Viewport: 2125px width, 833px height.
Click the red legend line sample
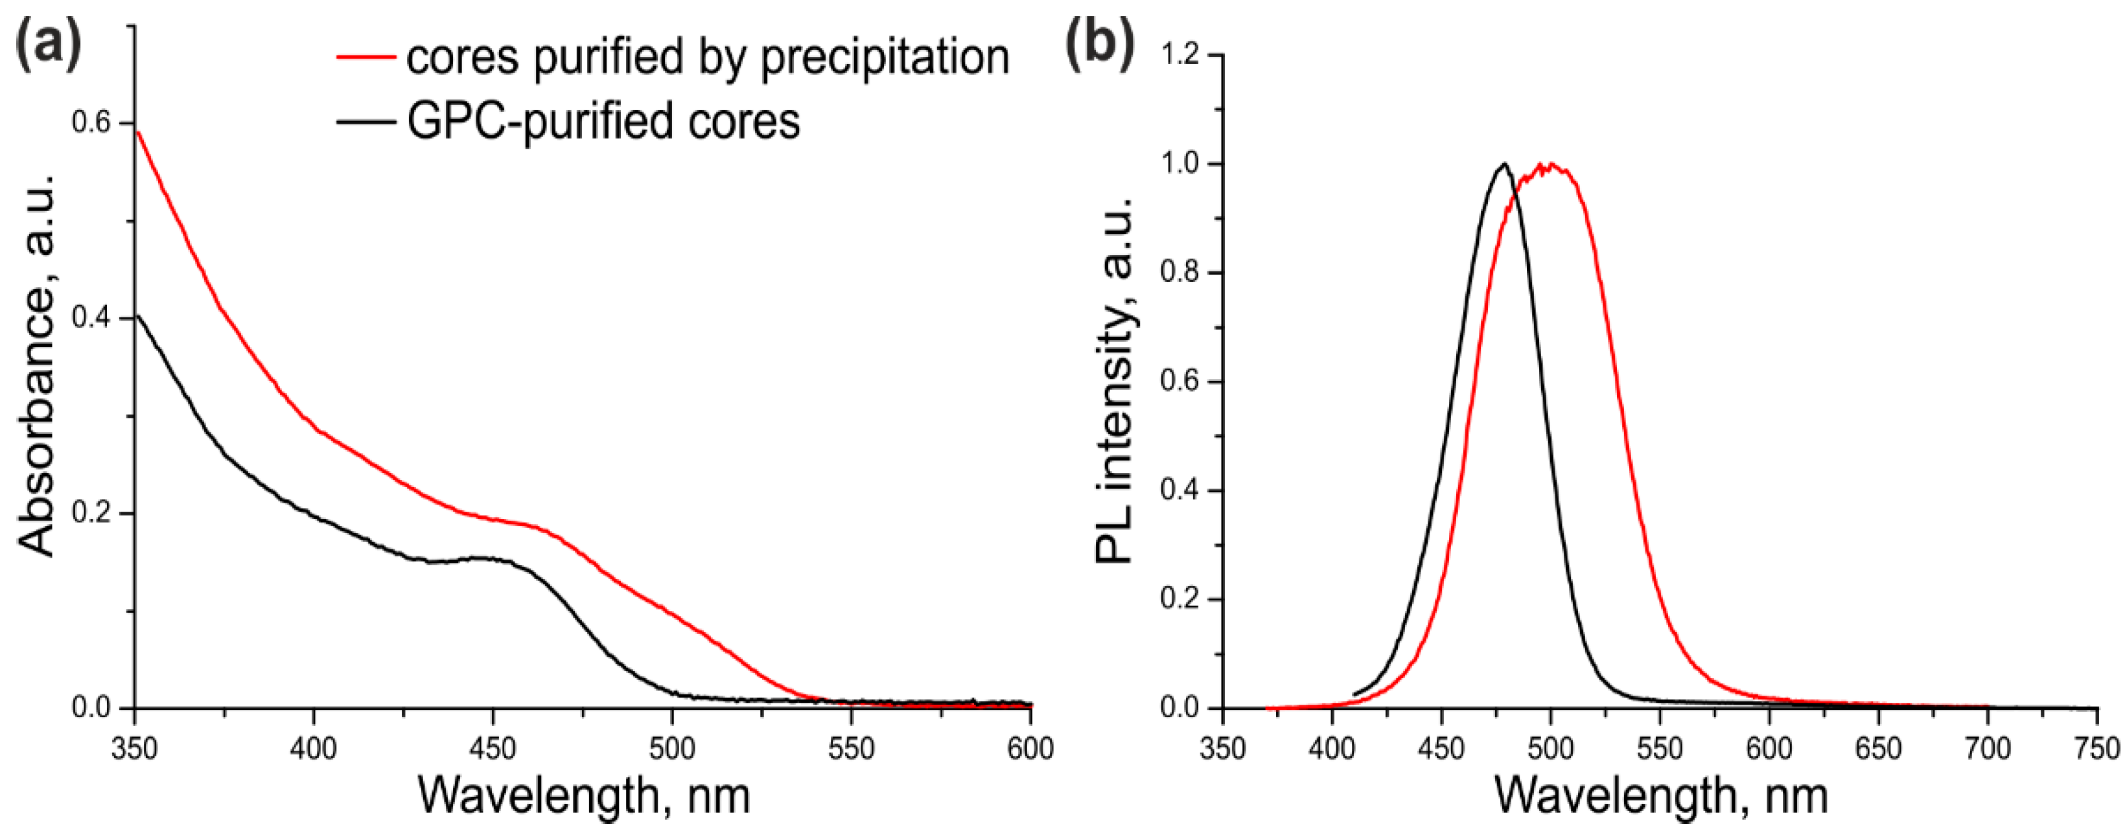pyautogui.click(x=366, y=57)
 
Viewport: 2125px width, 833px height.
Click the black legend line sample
pyautogui.click(x=366, y=121)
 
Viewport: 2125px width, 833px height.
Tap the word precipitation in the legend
pyautogui.click(x=885, y=57)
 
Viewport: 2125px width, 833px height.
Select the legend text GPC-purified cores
pyautogui.click(x=603, y=121)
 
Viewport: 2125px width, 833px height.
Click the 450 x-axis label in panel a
pyautogui.click(x=493, y=749)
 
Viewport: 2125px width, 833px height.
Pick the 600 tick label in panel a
pyautogui.click(x=1030, y=749)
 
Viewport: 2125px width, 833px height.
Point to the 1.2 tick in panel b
pyautogui.click(x=1181, y=55)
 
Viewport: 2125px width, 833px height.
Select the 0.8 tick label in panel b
pyautogui.click(x=1181, y=273)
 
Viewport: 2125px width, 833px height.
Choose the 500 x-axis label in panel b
pyautogui.click(x=1550, y=749)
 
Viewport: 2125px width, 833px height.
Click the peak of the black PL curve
pyautogui.click(x=1504, y=164)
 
